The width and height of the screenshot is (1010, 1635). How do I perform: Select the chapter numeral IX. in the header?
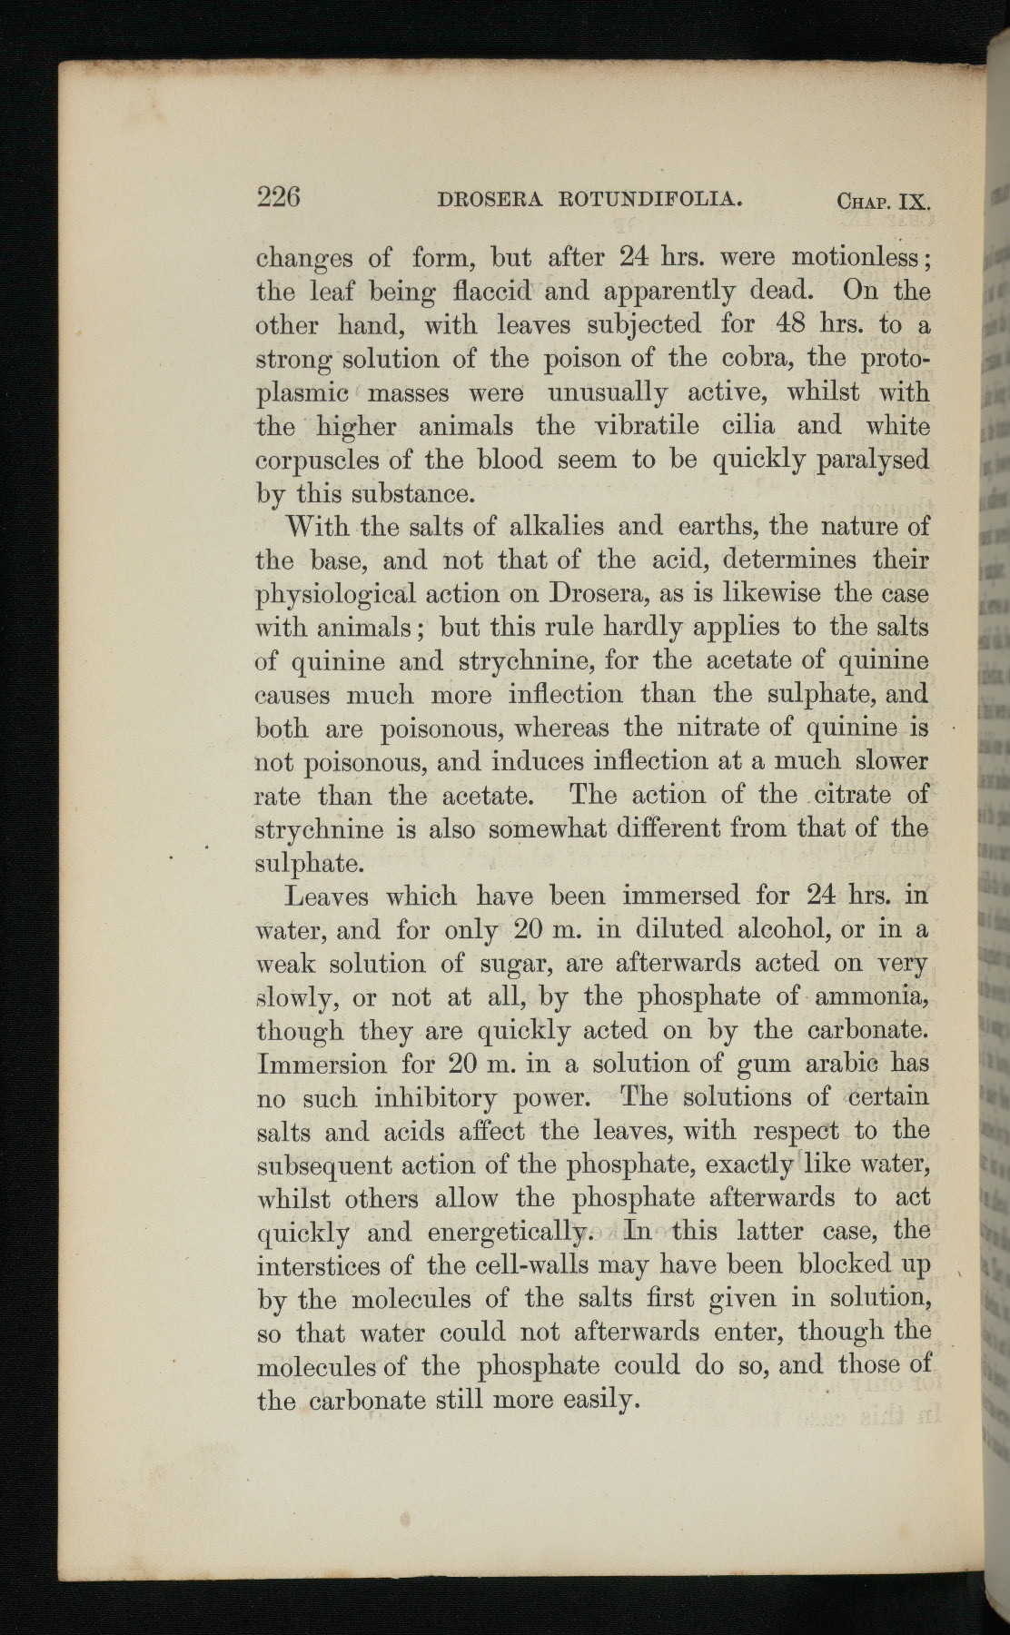[x=914, y=202]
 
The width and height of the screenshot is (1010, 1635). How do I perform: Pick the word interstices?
[x=319, y=1265]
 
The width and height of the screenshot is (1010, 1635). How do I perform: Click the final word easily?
[x=593, y=1400]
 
